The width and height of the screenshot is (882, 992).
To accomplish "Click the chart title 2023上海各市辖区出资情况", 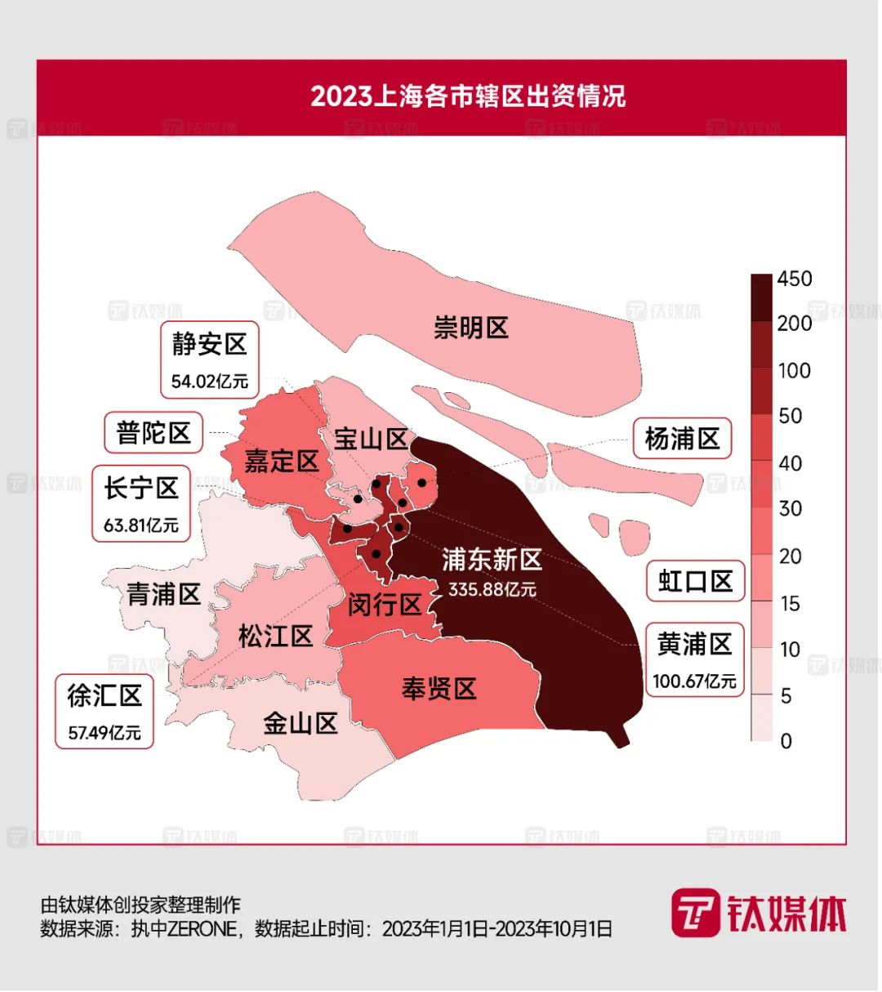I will [x=468, y=96].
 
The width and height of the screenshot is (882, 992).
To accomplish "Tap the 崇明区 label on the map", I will [x=471, y=328].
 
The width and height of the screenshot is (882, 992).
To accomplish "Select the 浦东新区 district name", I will [x=492, y=560].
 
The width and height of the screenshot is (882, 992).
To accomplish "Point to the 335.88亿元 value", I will [x=492, y=589].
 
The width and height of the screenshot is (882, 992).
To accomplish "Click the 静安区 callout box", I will [x=210, y=360].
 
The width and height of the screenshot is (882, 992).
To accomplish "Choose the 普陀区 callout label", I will [x=154, y=432].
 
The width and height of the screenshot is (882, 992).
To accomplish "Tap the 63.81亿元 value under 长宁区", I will [x=140, y=525].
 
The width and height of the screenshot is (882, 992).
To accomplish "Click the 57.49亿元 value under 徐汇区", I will [x=104, y=733].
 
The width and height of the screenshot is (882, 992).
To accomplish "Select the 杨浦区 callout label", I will [x=682, y=439].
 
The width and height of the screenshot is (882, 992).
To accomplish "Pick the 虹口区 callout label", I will [x=695, y=581].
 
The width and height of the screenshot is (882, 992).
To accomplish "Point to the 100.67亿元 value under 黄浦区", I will [x=694, y=681].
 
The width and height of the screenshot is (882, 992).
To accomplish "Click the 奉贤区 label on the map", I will [x=439, y=689].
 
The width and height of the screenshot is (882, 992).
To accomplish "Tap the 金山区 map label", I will [x=300, y=723].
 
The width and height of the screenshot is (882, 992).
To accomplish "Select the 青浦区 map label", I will [x=163, y=594].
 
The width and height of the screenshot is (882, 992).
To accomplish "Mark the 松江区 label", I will [x=276, y=636].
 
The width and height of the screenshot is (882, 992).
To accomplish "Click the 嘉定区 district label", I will [x=281, y=461].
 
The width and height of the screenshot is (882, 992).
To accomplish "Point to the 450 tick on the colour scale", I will [x=794, y=279].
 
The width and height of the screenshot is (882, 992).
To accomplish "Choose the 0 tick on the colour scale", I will [x=786, y=740].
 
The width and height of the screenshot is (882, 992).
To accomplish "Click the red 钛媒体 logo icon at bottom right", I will [x=695, y=913].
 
